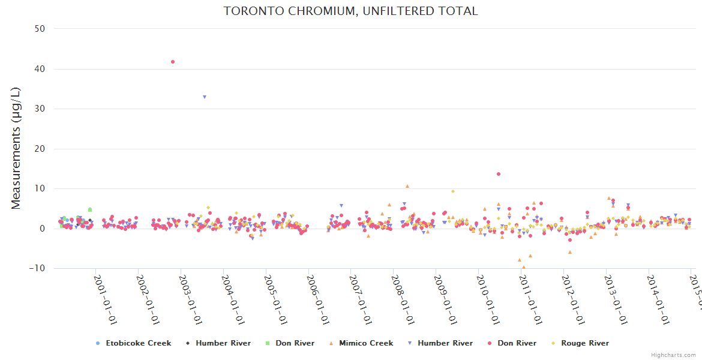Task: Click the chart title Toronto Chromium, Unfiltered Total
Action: [x=350, y=11]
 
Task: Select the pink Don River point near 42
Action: [x=173, y=62]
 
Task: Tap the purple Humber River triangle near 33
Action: [x=205, y=97]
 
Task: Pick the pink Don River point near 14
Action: [x=499, y=174]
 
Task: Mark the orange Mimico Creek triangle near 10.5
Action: [x=407, y=187]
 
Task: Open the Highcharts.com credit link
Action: [x=673, y=355]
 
